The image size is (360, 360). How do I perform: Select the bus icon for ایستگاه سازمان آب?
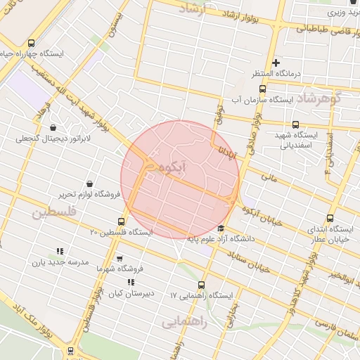click(262, 89)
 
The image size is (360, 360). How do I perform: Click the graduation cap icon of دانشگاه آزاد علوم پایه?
click(221, 228)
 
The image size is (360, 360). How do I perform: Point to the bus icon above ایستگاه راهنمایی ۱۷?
click(202, 285)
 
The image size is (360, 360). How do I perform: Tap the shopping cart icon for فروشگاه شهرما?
click(119, 258)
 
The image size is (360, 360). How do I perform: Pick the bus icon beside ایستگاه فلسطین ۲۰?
click(122, 222)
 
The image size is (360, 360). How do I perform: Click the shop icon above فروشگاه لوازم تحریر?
click(89, 184)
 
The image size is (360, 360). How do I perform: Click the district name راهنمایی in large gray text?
click(184, 322)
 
